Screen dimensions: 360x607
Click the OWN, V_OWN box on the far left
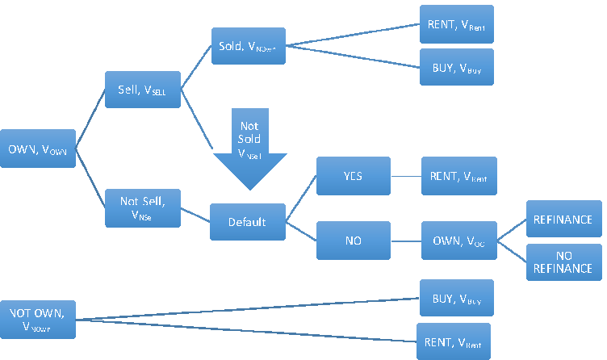38,149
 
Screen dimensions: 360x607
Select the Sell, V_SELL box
142,90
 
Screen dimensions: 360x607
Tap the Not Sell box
142,207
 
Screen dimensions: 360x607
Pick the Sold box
248,47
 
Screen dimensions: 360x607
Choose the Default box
248,221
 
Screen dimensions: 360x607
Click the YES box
354,176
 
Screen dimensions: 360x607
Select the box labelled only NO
354,240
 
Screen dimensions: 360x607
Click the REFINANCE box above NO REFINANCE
563,219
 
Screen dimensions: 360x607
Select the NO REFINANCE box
563,262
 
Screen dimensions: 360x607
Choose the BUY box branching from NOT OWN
456,298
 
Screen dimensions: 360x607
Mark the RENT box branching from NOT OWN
453,341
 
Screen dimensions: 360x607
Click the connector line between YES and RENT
406,176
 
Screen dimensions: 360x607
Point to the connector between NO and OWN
406,240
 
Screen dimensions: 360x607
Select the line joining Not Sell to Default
195,215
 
